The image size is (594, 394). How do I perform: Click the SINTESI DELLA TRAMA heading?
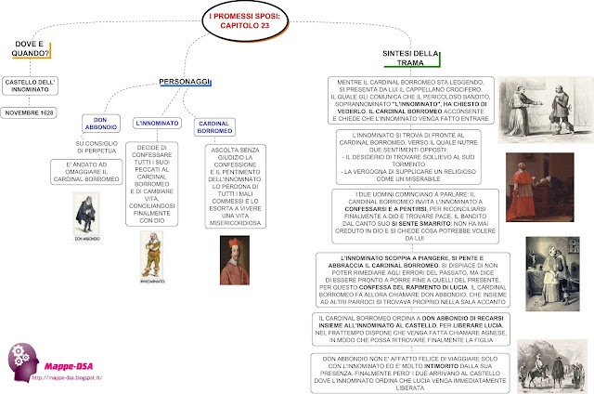point(409,59)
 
